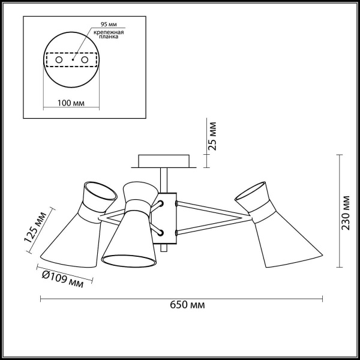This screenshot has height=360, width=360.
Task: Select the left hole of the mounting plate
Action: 59,61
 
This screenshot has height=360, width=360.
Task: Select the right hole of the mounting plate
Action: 85,61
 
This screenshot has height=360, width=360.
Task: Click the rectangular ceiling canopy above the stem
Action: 163,161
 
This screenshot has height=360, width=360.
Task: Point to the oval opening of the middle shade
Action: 129,259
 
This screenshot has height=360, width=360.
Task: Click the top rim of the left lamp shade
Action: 98,191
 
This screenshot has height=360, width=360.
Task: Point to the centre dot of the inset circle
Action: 72,61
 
